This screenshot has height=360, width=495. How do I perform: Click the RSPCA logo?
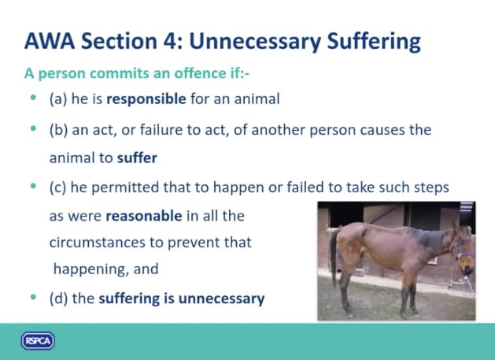38,341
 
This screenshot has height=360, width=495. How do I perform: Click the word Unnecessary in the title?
255,42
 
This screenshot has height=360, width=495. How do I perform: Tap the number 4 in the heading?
169,41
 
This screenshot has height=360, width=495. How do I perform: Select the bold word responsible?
146,99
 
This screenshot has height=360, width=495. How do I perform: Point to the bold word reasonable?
144,216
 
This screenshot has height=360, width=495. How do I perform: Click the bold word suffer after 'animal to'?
137,158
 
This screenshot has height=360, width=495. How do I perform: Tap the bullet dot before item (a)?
33,98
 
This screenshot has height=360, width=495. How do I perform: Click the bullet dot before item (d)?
33,297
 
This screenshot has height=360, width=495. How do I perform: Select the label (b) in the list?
59,130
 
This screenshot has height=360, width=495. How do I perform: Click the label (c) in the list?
58,187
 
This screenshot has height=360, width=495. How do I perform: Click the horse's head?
464,250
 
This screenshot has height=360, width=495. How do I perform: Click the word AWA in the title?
50,41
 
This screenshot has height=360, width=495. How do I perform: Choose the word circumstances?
98,243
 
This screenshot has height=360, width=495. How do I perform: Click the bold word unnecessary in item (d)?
221,299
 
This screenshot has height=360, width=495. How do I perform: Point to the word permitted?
125,187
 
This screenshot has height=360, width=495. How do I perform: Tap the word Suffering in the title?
374,42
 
